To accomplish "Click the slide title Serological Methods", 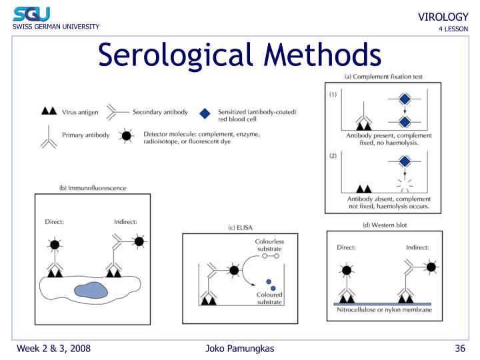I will click(x=240, y=54).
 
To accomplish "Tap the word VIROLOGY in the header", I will click(x=443, y=17).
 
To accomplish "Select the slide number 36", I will click(x=459, y=349).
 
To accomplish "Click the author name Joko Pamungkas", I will click(x=240, y=349).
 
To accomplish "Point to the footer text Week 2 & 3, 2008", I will click(x=54, y=349).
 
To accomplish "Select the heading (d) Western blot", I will click(x=385, y=225).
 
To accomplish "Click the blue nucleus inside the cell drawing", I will click(x=90, y=290).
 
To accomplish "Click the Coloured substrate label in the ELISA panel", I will click(x=269, y=298).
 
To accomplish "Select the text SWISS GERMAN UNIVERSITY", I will click(x=55, y=27).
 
